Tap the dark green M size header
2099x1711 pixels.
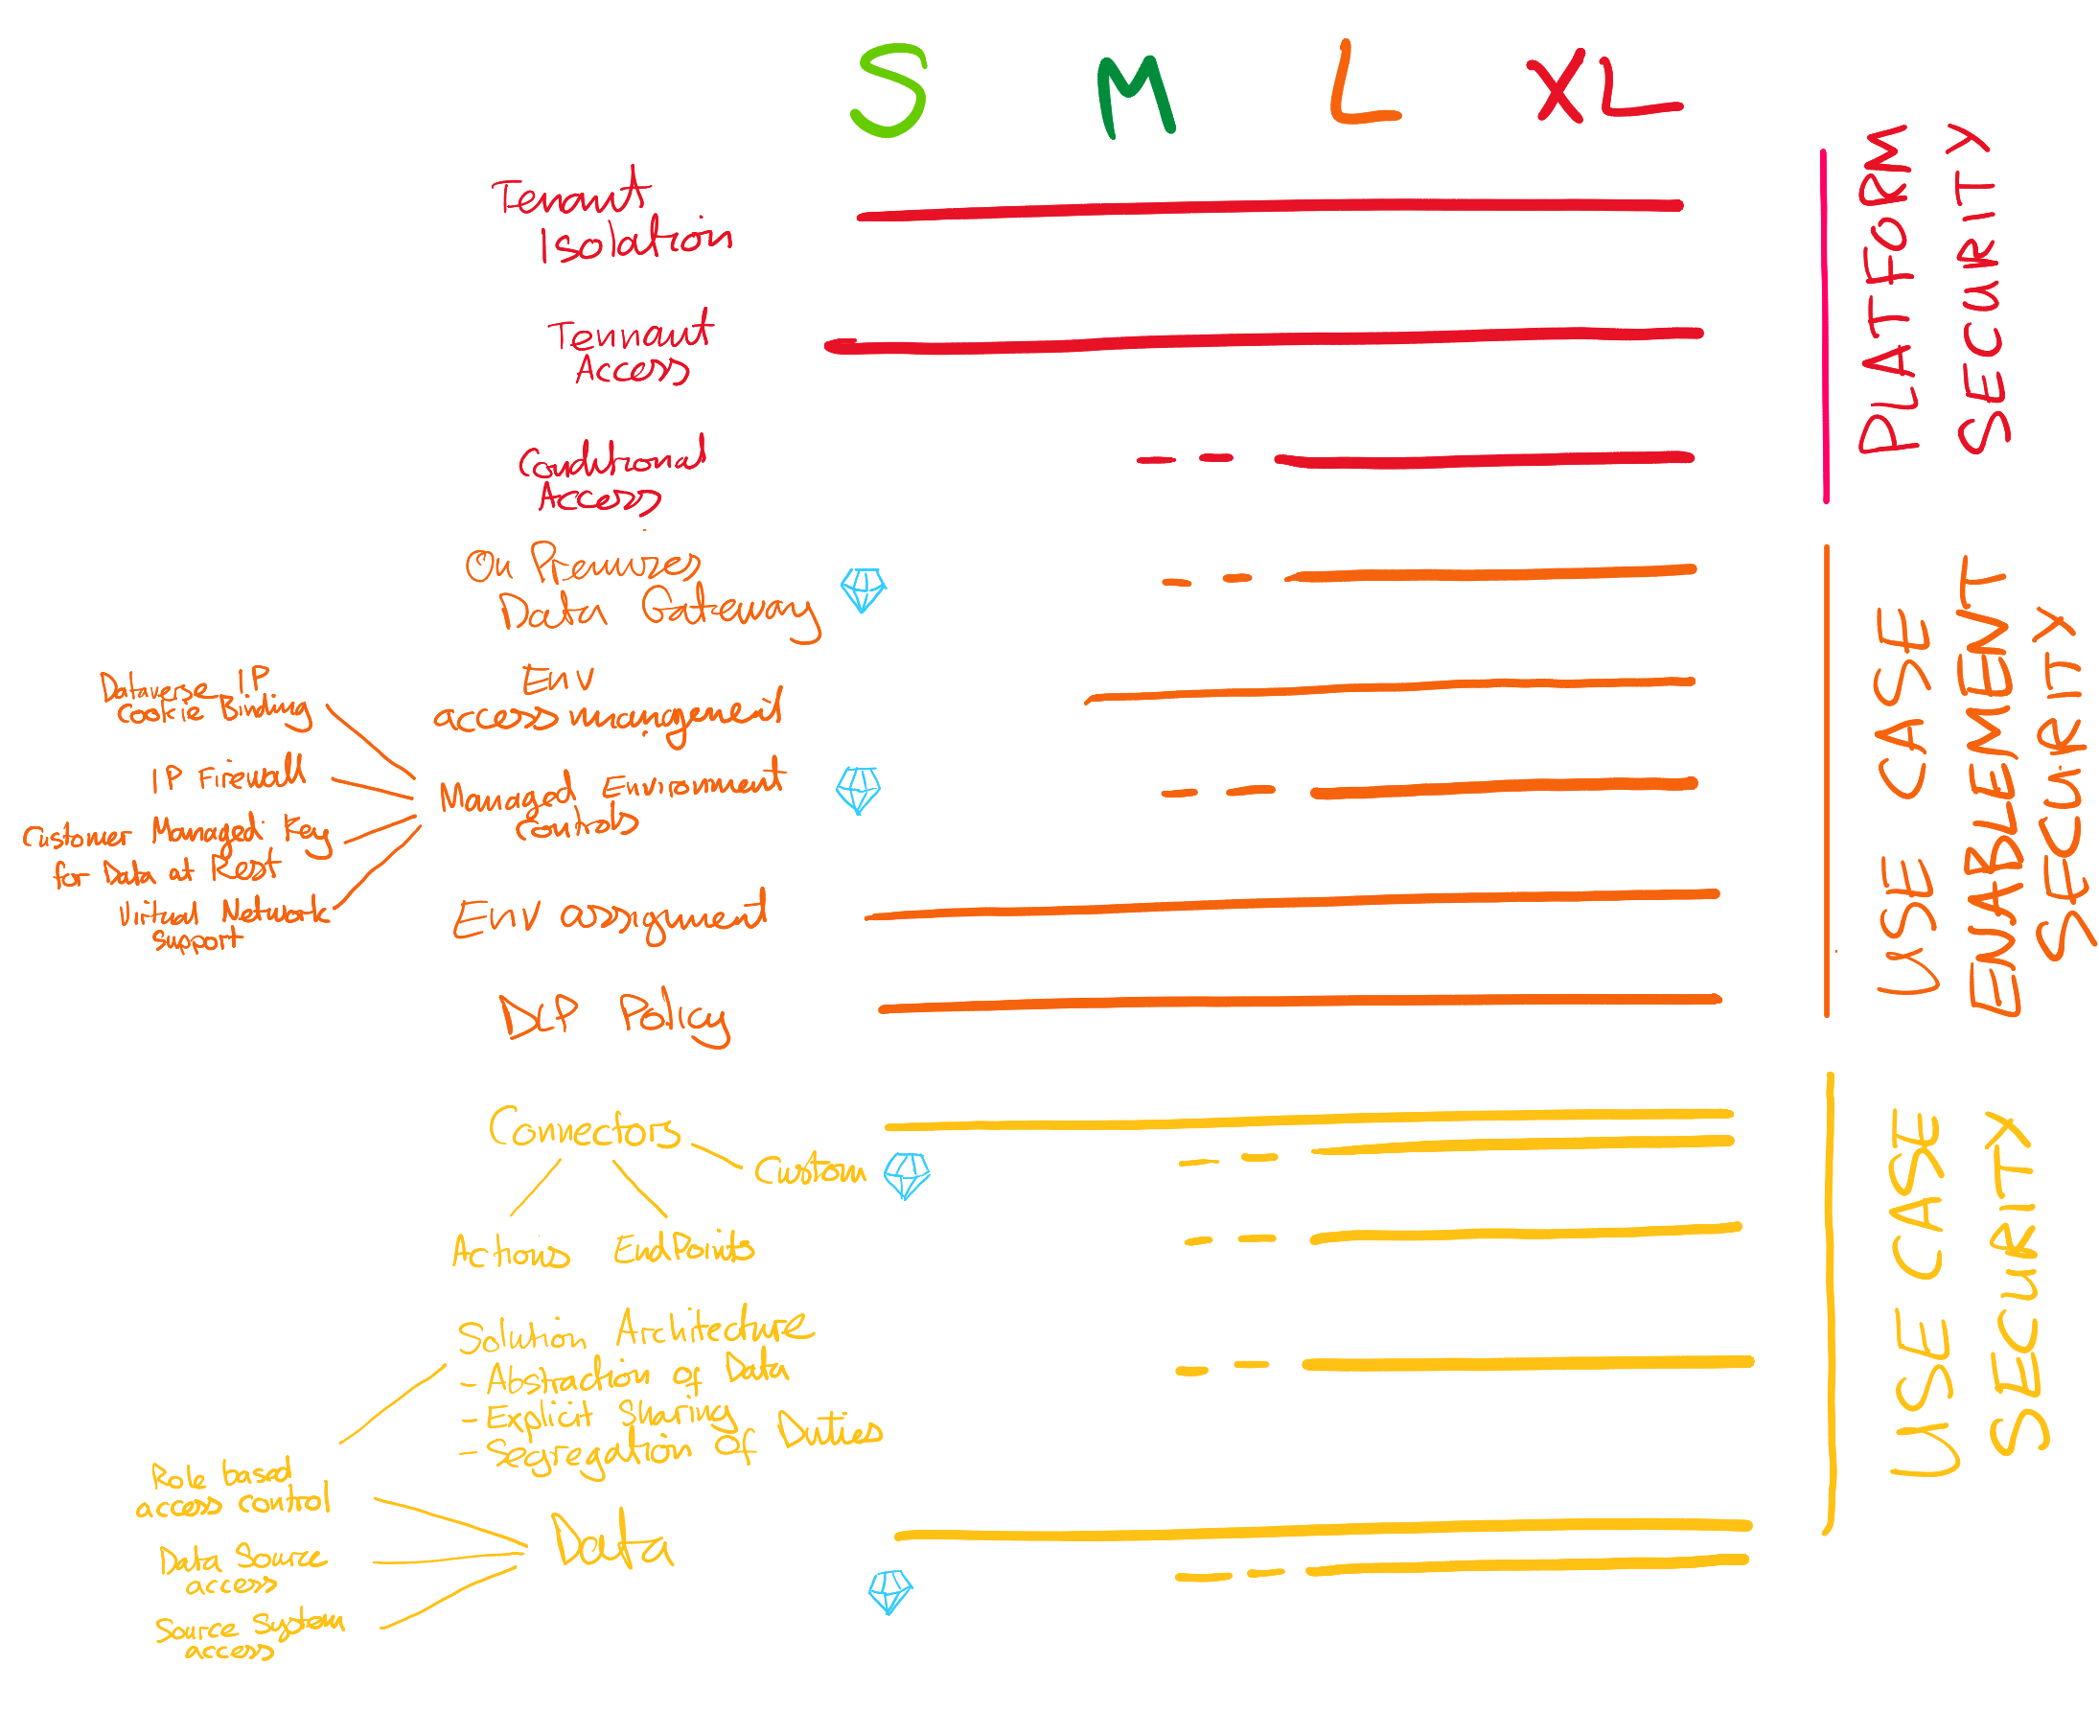(x=1134, y=96)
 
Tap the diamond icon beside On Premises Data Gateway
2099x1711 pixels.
(x=863, y=589)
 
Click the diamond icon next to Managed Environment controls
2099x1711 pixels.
(x=858, y=789)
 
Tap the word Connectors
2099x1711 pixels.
(x=584, y=1128)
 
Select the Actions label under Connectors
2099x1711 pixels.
(x=510, y=1251)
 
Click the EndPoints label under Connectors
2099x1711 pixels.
(x=683, y=1248)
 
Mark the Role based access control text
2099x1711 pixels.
(x=233, y=1489)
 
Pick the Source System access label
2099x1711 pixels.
(x=248, y=1636)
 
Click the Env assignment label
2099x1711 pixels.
(x=608, y=916)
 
